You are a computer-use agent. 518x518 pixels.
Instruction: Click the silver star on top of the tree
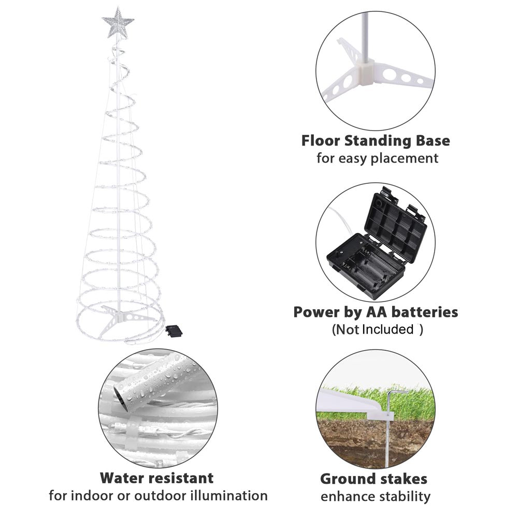(118, 23)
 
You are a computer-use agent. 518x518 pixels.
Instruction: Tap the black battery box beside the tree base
(174, 330)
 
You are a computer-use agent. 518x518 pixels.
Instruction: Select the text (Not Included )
(377, 329)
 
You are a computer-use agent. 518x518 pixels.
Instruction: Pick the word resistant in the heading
(179, 477)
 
